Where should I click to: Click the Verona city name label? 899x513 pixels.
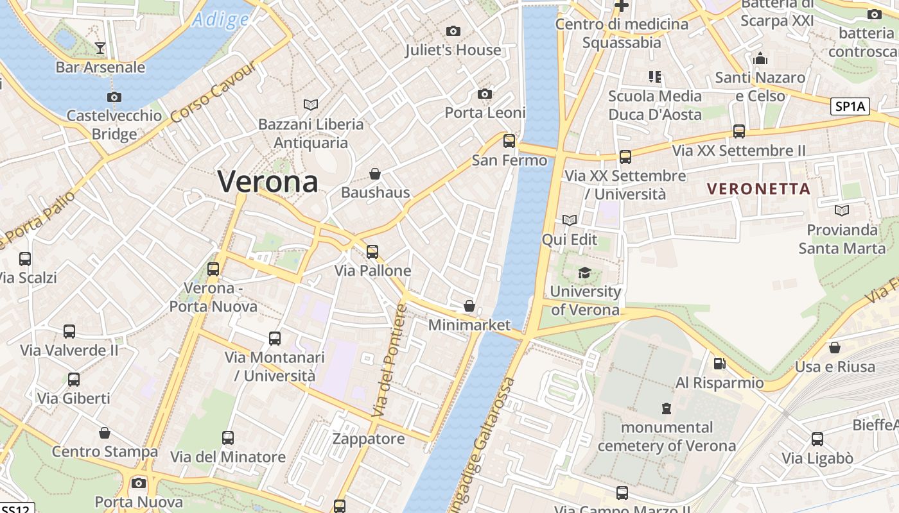(268, 181)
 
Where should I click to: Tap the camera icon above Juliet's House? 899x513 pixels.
(453, 31)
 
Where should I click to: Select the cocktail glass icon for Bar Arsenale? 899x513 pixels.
(100, 47)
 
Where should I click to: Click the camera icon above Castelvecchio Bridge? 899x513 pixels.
(114, 97)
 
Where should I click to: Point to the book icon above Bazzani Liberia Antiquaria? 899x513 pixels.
(311, 105)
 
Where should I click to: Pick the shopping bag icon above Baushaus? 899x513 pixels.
(375, 173)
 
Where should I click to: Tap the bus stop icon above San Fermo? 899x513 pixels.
(509, 140)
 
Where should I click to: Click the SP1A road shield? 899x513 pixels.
(850, 106)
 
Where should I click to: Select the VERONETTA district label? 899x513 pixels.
(758, 189)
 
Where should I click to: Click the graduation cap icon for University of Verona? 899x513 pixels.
(584, 273)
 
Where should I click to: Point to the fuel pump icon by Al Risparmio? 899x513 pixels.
(720, 364)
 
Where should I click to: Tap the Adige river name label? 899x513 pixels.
(220, 19)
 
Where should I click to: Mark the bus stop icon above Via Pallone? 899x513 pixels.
(372, 251)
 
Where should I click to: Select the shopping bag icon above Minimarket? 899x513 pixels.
(469, 306)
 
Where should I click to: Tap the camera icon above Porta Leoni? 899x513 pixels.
(485, 94)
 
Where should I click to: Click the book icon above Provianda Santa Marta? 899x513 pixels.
(841, 210)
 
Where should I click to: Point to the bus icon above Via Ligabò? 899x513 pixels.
(817, 439)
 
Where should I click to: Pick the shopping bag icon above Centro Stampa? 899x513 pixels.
(105, 433)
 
